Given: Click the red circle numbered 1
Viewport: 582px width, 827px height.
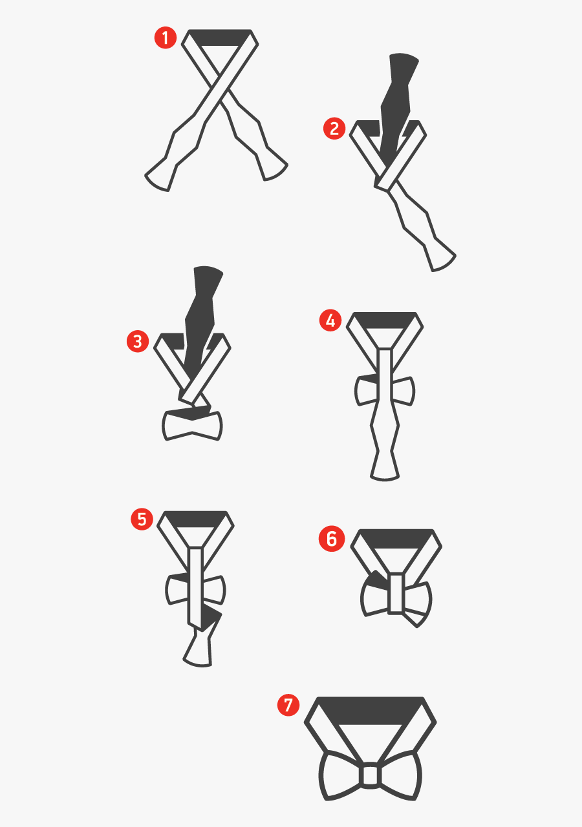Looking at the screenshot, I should pos(166,38).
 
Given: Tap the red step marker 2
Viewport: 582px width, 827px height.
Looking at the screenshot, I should pos(334,129).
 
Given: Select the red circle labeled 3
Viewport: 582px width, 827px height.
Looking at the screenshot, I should pos(137,341).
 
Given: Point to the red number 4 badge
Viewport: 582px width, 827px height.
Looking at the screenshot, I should pos(330,320).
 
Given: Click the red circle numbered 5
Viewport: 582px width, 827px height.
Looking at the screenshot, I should pos(142,519).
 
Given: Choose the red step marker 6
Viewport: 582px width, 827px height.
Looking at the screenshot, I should pos(332,539).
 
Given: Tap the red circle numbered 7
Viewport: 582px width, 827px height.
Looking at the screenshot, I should pos(288,704).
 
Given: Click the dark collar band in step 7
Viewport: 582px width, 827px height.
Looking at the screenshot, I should pos(370,709).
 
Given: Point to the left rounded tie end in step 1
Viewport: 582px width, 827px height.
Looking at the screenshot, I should pos(159,178).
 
